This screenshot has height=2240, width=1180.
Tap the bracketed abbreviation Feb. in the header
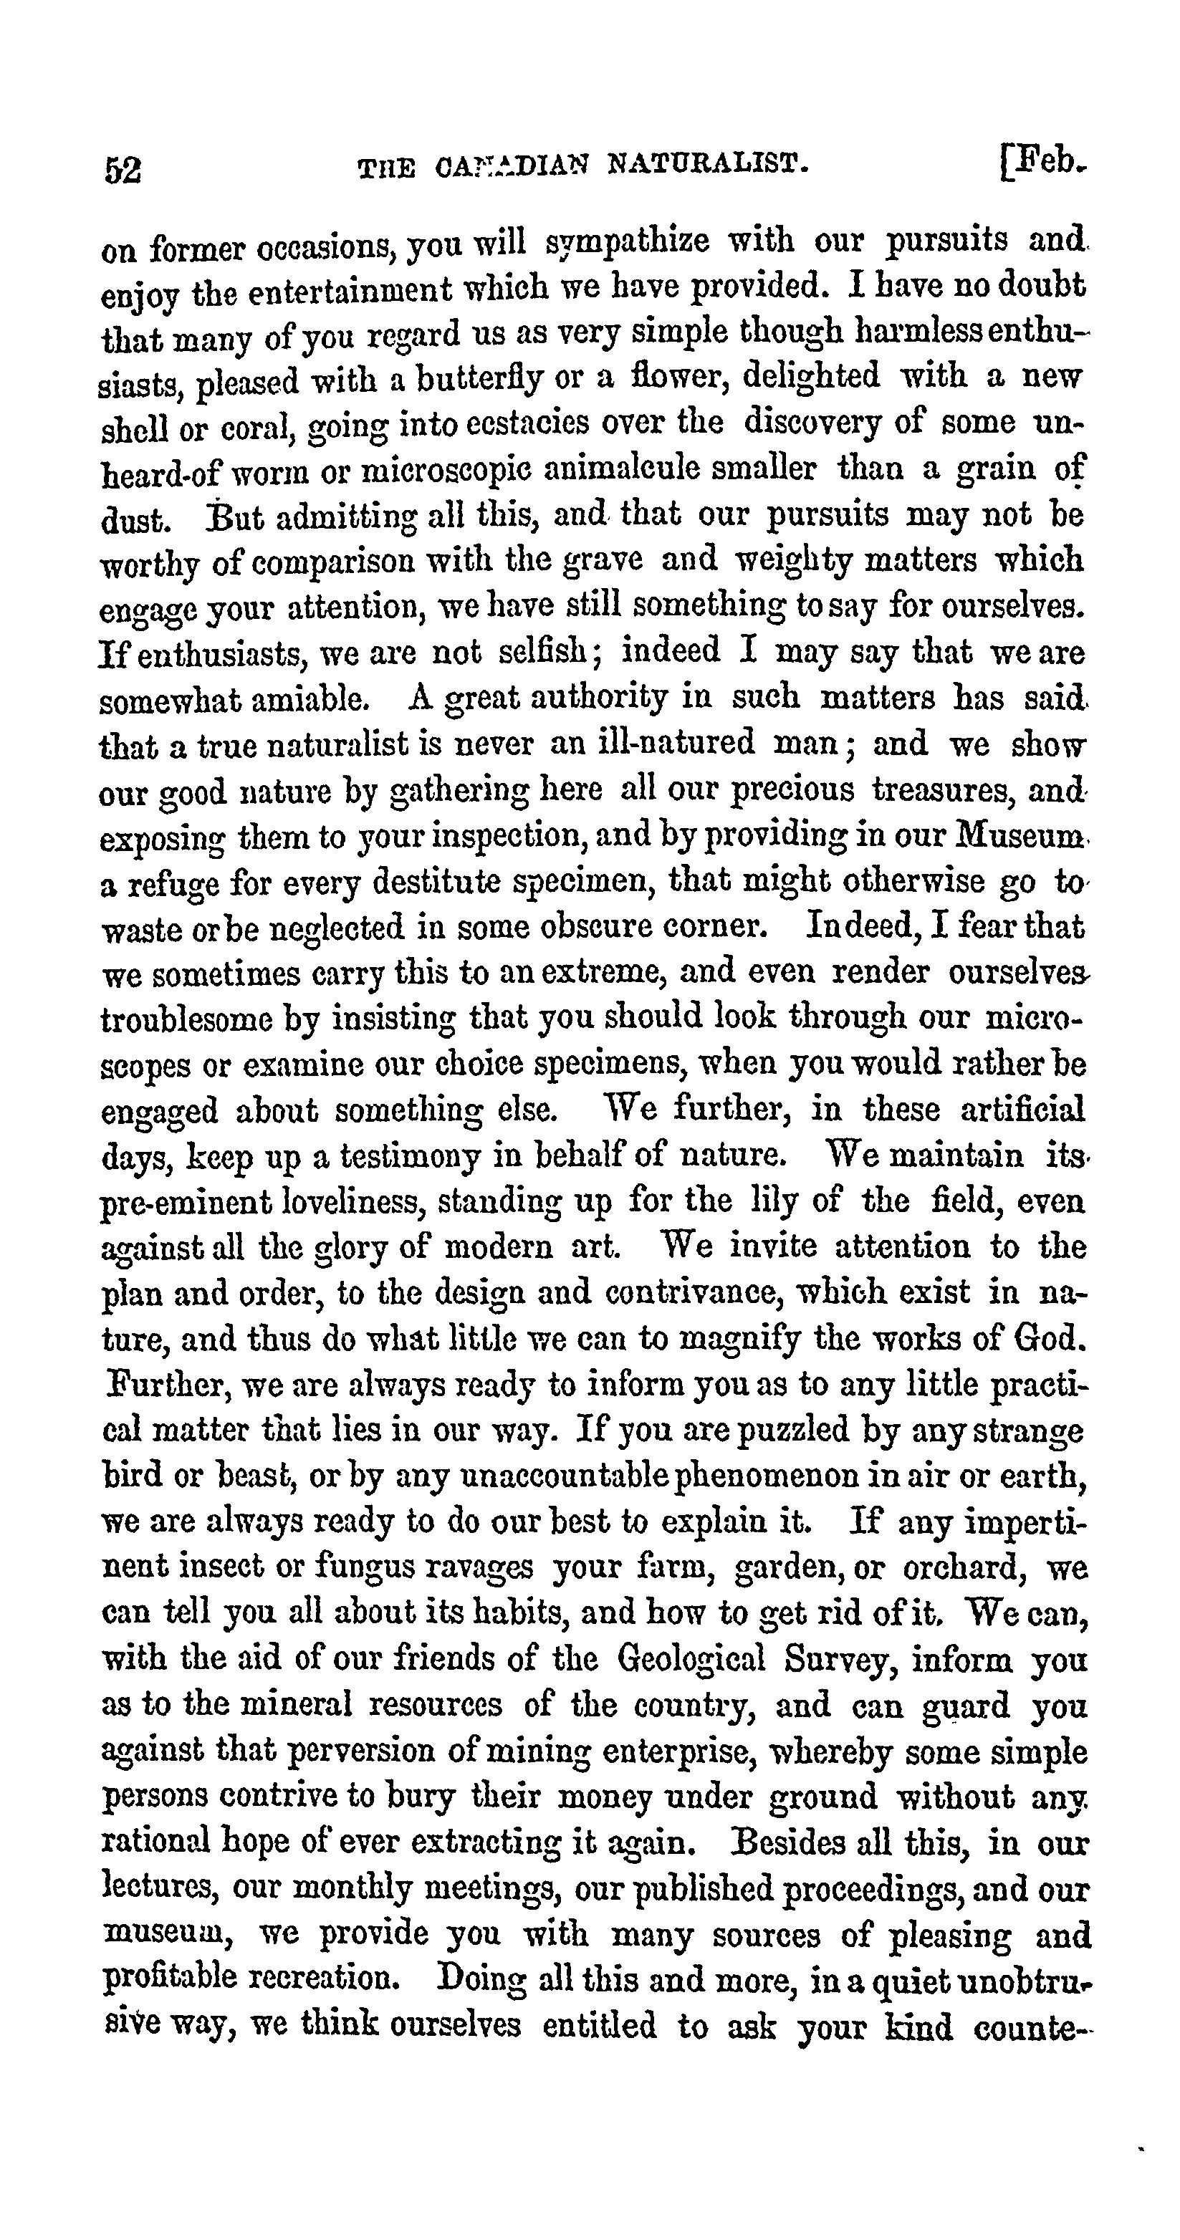[x=1045, y=163]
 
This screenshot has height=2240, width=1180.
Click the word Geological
[x=691, y=1660]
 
